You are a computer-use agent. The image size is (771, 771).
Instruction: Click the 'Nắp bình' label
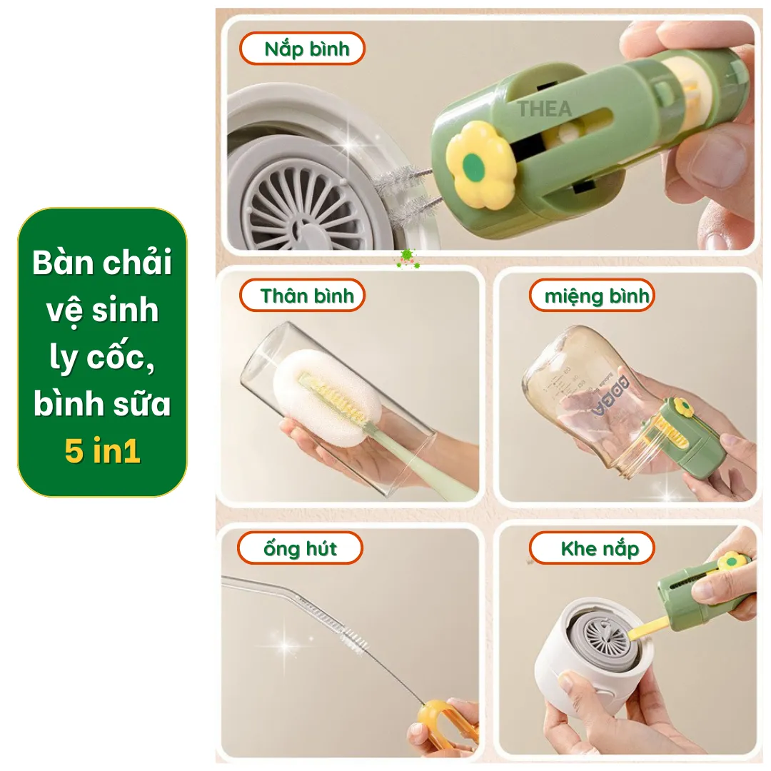(303, 49)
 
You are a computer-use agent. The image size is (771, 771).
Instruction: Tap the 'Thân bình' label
(303, 296)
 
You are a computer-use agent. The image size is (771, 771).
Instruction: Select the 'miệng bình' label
(592, 296)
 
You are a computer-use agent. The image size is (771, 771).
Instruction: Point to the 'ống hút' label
(301, 548)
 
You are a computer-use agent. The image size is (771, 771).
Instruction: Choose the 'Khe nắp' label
(592, 548)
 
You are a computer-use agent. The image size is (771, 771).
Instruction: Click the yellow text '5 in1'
(102, 450)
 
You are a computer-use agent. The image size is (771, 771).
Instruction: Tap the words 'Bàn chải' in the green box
(102, 262)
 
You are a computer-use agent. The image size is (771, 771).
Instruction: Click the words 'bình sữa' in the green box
(102, 403)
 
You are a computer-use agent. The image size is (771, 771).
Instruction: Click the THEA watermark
(544, 109)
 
